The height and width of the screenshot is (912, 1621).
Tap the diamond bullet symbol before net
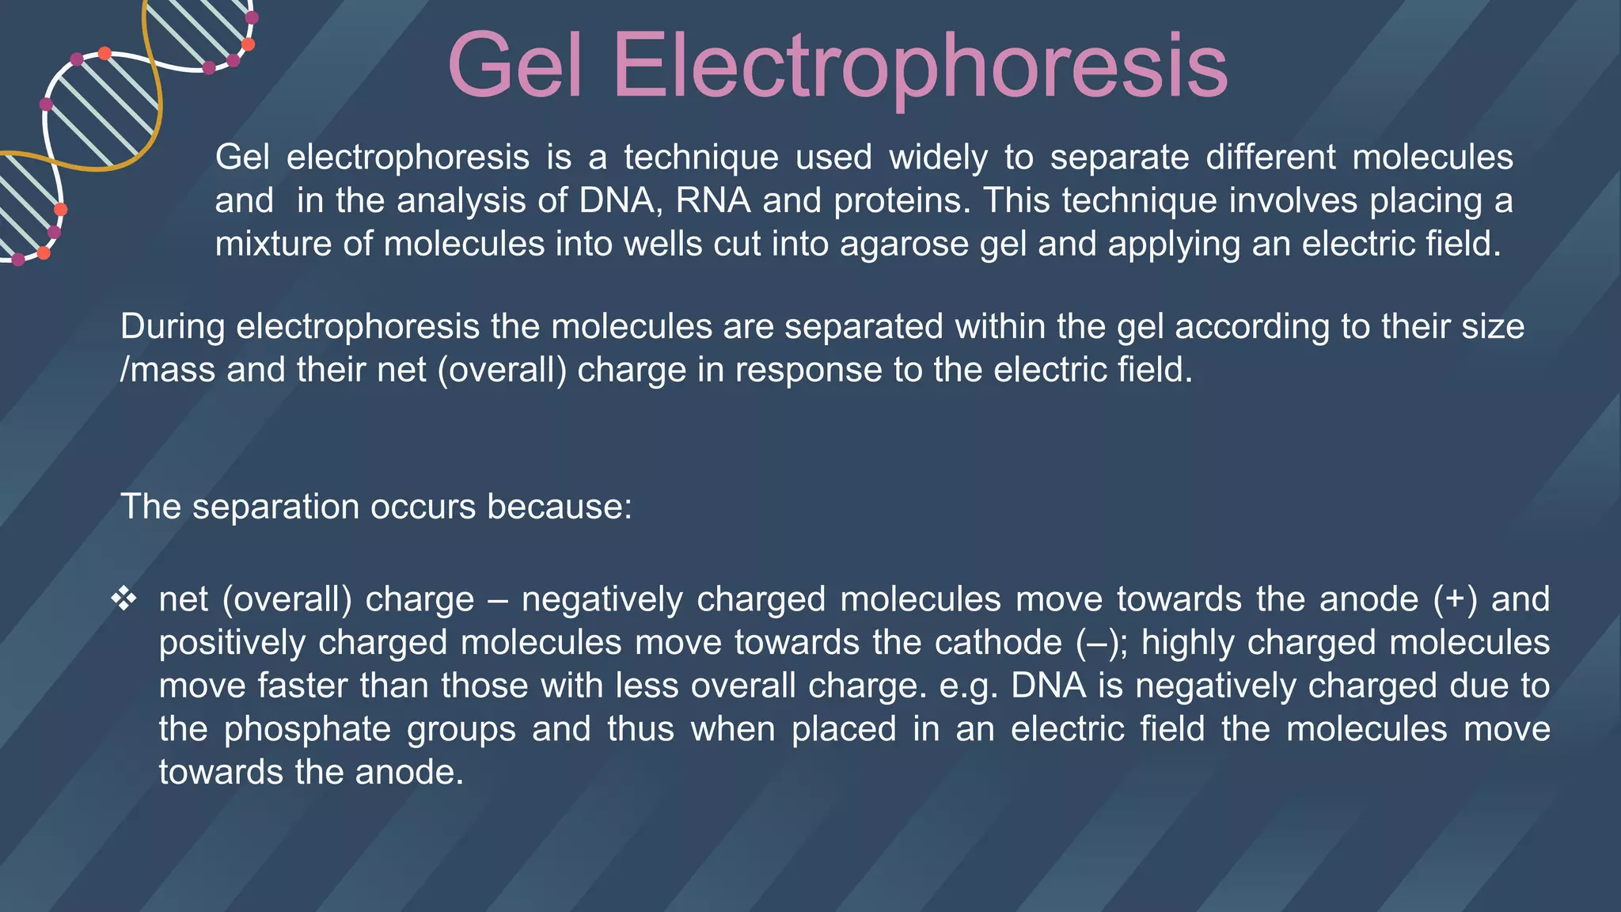124,599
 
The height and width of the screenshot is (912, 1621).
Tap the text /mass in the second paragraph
167,370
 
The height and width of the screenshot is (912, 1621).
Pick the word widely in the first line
939,158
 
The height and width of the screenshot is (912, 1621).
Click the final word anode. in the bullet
409,772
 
